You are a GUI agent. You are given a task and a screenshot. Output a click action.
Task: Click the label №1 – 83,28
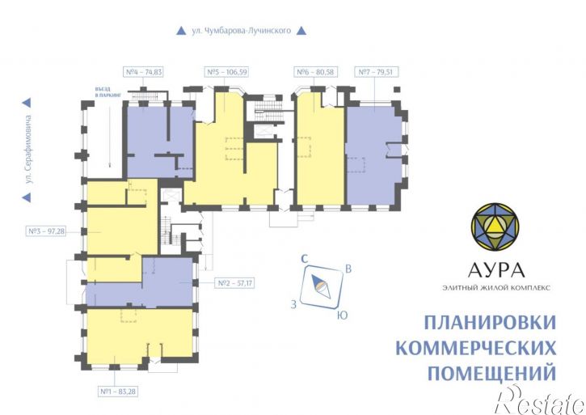(117, 392)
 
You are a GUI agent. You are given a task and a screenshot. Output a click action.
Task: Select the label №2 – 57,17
(233, 283)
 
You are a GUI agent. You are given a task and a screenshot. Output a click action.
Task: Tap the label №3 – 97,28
(45, 231)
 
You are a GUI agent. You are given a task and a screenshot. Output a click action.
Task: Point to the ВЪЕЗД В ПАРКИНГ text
(107, 93)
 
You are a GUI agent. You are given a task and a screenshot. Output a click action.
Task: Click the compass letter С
(304, 259)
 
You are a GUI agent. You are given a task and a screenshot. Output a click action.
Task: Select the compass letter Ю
(342, 315)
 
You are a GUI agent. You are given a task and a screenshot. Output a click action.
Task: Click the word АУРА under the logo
(496, 269)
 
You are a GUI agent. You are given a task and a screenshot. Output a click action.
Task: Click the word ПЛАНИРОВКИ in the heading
(490, 322)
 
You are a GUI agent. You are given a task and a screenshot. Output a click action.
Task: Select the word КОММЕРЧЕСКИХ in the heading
(477, 348)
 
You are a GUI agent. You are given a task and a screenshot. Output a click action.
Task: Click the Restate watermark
(540, 396)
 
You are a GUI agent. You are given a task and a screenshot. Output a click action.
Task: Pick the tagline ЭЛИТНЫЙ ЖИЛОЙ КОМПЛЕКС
(496, 288)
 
